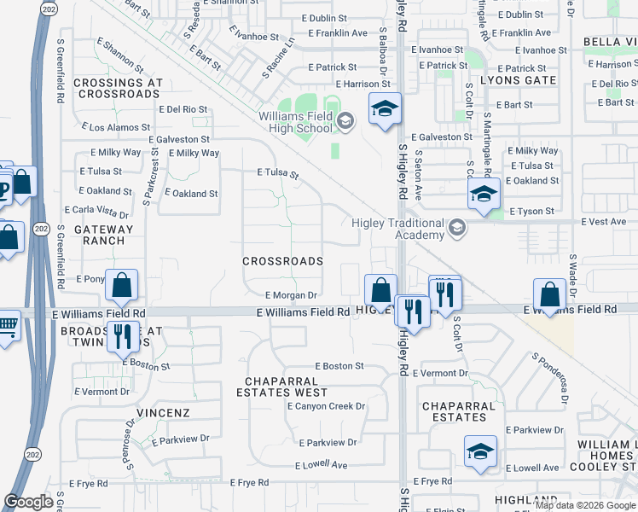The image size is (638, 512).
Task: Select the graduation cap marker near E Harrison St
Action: coord(385,110)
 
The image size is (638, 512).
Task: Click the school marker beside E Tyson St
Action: coord(483,195)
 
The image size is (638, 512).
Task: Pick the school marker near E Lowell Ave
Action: coord(480,451)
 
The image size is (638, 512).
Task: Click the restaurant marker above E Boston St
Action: coord(122,337)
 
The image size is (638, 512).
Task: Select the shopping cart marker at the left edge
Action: coord(7,325)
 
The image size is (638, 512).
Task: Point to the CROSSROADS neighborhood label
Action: coord(282,261)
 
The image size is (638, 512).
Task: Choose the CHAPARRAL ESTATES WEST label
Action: coord(286,387)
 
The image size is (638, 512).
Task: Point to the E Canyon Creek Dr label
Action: coord(326,406)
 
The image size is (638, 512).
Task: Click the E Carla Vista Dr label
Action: coord(97,211)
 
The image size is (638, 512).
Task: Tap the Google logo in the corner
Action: coord(28,502)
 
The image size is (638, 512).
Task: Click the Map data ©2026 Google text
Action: coord(585,505)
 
